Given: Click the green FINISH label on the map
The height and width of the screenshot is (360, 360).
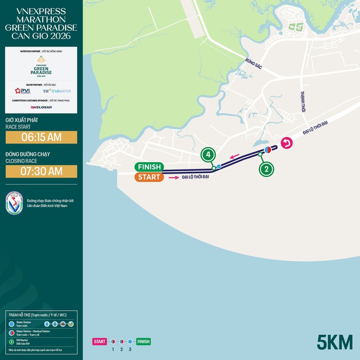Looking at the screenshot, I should (149, 167).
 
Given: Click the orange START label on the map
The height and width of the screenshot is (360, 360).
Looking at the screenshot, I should (148, 177).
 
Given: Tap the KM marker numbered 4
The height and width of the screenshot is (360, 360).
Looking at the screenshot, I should (208, 155).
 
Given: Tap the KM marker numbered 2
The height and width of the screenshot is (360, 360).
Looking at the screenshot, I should (266, 169).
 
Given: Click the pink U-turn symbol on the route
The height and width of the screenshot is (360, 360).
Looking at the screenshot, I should (287, 144).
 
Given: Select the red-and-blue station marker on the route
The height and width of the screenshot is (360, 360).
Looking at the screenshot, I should (267, 149).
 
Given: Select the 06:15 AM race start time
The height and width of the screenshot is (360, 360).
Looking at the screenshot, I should (41, 137).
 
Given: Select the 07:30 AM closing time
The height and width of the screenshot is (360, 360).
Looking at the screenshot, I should (41, 171).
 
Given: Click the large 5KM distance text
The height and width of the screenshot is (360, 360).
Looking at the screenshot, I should (335, 342).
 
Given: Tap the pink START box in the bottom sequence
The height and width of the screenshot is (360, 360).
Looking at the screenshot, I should (100, 341).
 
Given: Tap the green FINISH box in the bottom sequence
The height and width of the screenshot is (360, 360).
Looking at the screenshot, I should (144, 341).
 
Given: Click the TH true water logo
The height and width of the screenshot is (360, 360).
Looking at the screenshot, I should (57, 91).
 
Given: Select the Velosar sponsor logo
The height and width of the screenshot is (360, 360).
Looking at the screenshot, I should (41, 107).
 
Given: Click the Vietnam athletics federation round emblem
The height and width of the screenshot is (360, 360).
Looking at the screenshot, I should (14, 203).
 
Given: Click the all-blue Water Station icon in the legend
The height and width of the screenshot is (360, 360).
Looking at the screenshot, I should (11, 324).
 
